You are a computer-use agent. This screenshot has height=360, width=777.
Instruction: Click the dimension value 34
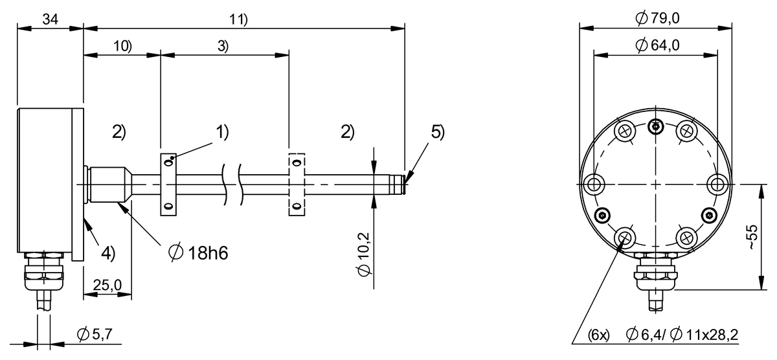pos(51,19)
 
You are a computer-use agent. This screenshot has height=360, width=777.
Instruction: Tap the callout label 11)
pos(239,19)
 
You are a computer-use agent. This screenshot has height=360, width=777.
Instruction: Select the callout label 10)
pos(123,46)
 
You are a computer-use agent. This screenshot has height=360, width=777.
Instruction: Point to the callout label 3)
pos(223,46)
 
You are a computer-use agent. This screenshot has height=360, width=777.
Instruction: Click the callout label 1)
pos(222,132)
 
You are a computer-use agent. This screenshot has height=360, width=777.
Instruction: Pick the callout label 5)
pos(438,132)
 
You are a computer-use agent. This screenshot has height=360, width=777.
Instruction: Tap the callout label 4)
pos(108,253)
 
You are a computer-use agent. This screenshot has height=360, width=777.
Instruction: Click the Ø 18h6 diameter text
pos(198,253)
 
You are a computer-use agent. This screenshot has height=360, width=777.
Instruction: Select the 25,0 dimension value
pos(107,285)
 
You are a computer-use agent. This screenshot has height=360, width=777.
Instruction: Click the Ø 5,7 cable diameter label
pos(95,334)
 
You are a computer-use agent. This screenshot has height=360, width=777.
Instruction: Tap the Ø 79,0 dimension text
pos(657,18)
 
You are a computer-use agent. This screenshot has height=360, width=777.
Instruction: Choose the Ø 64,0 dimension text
pos(657,45)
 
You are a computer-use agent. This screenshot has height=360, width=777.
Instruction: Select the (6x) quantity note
pos(598,335)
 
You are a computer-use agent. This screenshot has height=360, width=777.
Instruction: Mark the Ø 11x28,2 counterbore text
pos(704,335)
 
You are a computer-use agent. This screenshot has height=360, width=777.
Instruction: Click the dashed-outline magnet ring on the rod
pos(297,185)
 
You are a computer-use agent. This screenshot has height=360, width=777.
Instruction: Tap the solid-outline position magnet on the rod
pos(168,185)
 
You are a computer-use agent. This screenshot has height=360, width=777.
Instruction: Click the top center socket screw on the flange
pos(655,127)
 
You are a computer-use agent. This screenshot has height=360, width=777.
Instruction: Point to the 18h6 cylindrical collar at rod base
pos(107,185)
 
